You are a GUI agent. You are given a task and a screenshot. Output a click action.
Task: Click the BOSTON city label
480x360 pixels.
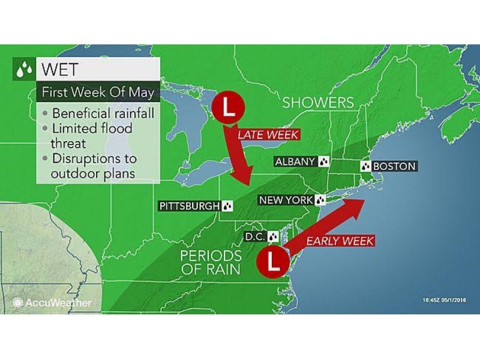coord(394,166)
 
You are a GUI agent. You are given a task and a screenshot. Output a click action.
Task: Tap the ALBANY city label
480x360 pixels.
coord(295,161)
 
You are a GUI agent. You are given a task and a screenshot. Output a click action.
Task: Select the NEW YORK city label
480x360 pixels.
coord(286,200)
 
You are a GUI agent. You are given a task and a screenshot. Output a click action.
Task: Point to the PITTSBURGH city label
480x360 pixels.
coord(189,206)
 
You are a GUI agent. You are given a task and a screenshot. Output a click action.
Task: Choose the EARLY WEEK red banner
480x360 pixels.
coord(340,241)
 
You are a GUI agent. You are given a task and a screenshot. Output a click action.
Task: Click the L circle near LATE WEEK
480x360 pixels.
coord(227,107)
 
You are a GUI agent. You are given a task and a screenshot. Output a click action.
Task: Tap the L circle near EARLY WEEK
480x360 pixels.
coord(273,262)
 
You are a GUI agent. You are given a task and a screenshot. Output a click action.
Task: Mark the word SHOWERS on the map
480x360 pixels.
coord(318,103)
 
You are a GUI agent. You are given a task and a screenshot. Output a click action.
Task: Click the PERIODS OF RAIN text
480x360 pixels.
coord(210,262)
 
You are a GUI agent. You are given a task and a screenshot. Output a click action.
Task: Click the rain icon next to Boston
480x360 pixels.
coord(365,166)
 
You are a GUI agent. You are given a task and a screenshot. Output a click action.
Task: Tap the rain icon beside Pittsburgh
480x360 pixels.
coord(227,206)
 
